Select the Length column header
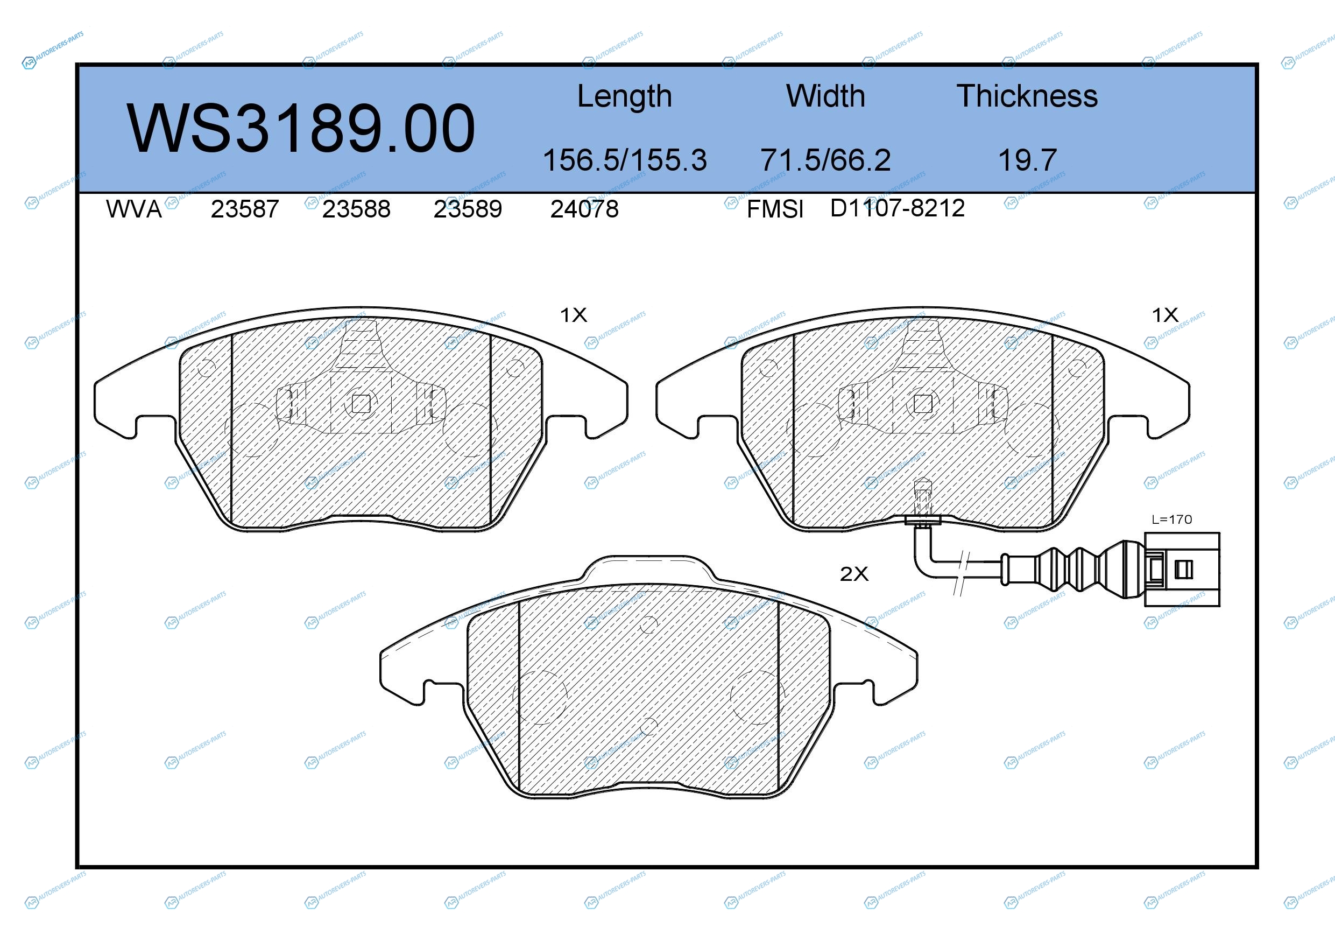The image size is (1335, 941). (x=625, y=96)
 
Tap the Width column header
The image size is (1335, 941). (x=825, y=96)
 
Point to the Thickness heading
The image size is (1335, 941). (x=1027, y=96)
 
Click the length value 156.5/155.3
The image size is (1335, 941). (x=625, y=160)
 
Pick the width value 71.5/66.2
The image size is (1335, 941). (x=825, y=160)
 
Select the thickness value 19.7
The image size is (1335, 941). (x=1027, y=160)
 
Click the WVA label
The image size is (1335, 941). (x=134, y=209)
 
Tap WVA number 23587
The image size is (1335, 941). (x=245, y=209)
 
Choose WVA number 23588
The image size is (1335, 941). (x=356, y=209)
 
